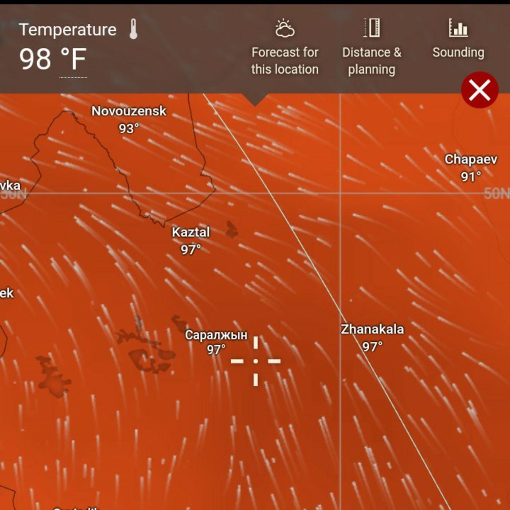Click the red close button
click(x=479, y=90)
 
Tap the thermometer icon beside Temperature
click(x=133, y=29)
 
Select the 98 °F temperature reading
click(x=53, y=59)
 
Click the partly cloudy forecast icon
click(x=285, y=29)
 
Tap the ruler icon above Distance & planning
click(x=372, y=28)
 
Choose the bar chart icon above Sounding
click(x=458, y=28)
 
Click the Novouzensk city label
click(x=129, y=111)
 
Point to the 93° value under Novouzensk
click(x=129, y=128)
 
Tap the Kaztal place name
click(x=191, y=232)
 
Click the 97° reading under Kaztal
click(x=191, y=250)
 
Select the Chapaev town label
click(x=471, y=159)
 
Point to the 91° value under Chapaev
click(x=471, y=177)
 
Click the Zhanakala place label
click(x=372, y=329)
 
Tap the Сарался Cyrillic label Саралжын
click(x=216, y=335)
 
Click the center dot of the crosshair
click(x=256, y=361)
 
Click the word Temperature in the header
click(x=68, y=30)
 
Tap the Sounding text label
click(x=458, y=52)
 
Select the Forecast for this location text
click(x=285, y=61)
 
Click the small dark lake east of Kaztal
click(x=231, y=229)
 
